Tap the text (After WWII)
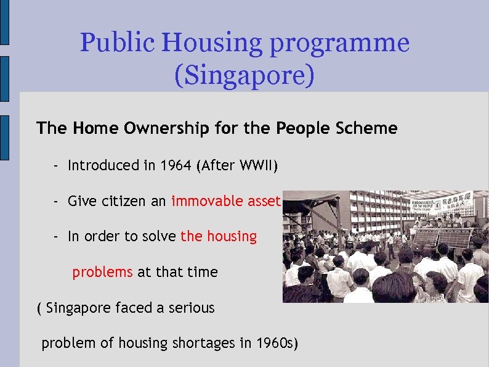(x=237, y=165)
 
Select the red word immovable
(x=208, y=201)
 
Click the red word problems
(x=102, y=272)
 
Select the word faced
(x=137, y=307)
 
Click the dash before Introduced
(x=55, y=165)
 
